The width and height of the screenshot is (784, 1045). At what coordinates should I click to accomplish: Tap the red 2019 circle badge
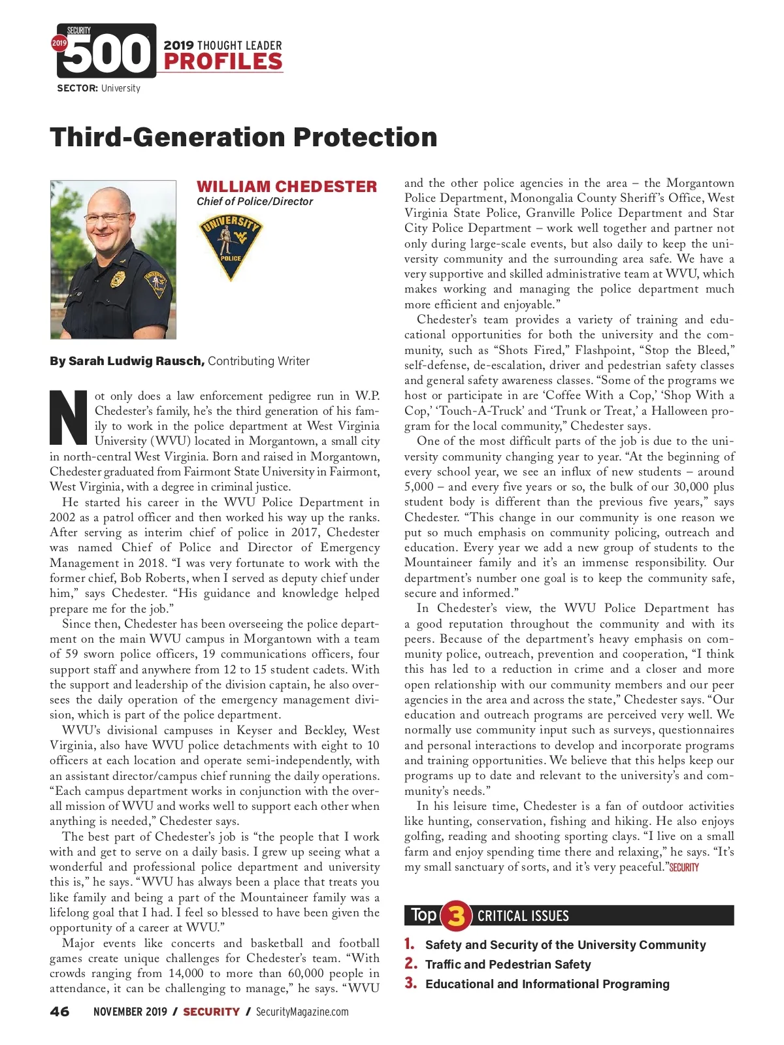click(59, 43)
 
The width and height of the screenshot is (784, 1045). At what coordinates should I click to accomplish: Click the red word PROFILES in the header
click(223, 62)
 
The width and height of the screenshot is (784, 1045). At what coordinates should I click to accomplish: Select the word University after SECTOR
click(121, 88)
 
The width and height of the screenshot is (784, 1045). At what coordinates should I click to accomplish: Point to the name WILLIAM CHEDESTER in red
click(287, 187)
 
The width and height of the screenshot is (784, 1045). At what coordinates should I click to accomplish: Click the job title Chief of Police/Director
click(255, 202)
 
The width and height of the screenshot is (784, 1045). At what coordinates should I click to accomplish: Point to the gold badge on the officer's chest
click(118, 279)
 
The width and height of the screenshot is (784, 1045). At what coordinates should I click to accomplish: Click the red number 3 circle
click(456, 916)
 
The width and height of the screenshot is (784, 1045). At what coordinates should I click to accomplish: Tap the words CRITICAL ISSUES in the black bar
click(523, 916)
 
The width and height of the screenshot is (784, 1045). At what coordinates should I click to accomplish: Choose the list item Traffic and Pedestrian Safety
click(508, 965)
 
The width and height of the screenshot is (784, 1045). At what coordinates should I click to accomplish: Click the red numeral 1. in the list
click(410, 944)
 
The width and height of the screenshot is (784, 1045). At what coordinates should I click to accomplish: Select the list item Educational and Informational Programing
click(547, 984)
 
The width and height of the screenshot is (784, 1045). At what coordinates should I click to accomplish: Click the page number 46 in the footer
click(59, 1012)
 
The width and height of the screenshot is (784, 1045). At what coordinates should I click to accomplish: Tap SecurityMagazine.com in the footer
click(302, 1012)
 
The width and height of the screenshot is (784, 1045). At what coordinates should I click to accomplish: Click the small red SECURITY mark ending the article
click(684, 868)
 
